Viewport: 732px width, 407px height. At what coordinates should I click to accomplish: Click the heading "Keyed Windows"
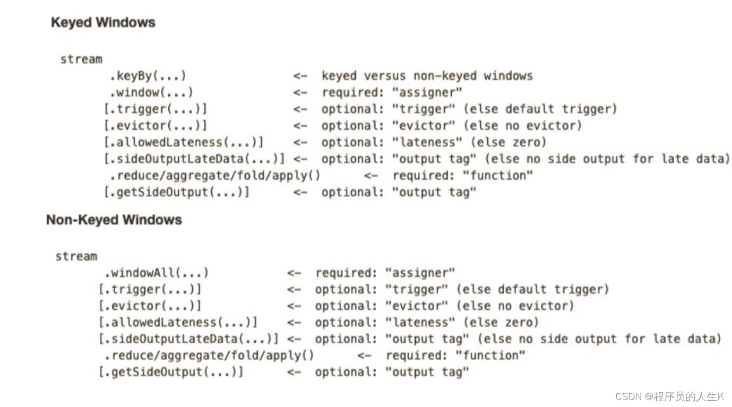(104, 23)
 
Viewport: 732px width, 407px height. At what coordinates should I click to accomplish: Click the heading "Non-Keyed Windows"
(114, 220)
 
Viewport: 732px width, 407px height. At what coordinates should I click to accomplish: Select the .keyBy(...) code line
(148, 76)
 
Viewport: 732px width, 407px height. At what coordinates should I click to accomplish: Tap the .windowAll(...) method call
(156, 273)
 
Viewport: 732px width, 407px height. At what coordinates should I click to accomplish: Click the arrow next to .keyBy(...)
(300, 76)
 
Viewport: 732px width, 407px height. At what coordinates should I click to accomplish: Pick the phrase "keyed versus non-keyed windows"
(427, 76)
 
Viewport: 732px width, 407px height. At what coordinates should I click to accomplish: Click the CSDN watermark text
(669, 396)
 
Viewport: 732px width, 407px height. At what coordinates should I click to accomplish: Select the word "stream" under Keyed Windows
(81, 59)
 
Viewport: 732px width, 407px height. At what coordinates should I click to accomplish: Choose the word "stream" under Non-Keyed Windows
(76, 256)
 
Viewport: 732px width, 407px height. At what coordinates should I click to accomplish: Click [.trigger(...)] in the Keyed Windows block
(156, 109)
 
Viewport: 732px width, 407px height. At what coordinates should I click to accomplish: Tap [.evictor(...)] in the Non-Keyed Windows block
(150, 306)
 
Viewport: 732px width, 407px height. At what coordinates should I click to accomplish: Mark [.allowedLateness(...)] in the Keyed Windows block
(183, 142)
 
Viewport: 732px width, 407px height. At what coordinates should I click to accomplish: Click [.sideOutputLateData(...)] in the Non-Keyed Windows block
(188, 339)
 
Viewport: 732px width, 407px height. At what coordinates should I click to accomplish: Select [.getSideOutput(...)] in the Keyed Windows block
(176, 193)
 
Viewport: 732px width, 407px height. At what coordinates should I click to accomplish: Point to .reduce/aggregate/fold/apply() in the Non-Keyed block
(209, 356)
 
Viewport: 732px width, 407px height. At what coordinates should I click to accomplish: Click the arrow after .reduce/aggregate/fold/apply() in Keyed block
(371, 176)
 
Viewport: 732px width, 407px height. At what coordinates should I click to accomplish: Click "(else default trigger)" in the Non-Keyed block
(532, 289)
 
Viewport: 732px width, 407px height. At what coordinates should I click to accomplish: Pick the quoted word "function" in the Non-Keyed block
(490, 356)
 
